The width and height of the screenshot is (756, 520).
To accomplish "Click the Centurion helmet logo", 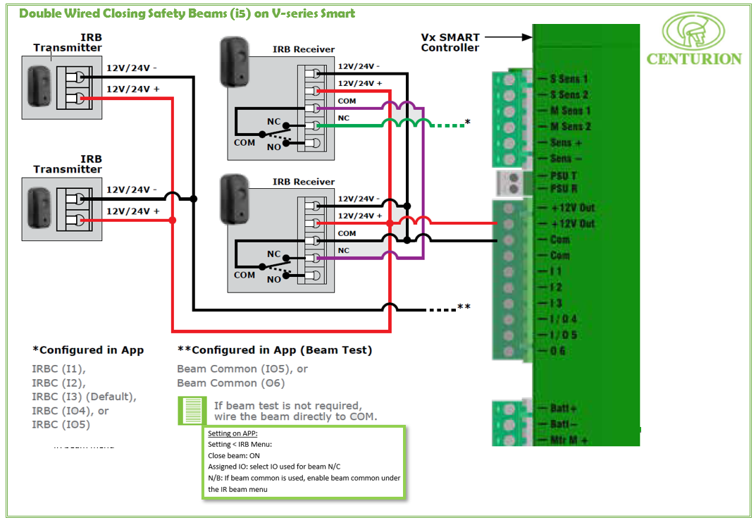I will (694, 30).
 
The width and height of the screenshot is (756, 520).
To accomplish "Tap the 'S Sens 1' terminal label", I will (569, 79).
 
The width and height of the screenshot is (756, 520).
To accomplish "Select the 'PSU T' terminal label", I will (564, 175).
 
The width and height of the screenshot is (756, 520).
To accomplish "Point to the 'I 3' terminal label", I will (556, 303).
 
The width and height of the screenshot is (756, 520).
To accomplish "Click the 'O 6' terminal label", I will (557, 350).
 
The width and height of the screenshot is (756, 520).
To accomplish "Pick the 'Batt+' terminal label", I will (564, 409).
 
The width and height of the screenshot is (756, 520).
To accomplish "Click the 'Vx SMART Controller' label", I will (450, 42).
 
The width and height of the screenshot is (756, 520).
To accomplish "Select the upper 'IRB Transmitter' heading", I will (68, 42).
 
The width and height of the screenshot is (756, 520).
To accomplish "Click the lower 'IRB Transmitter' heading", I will (68, 164).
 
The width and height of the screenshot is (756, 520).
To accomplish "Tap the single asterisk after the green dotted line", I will (468, 123).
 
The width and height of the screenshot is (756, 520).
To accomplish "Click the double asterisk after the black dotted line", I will (464, 307).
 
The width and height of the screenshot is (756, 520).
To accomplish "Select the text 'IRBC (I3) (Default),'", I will (84, 396).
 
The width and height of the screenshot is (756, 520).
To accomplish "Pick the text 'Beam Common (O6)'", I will (230, 383).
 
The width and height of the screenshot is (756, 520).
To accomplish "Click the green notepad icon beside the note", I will (191, 410).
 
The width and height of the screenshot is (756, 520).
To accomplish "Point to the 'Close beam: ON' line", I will (234, 456).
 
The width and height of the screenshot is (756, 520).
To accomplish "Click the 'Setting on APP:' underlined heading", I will (233, 434).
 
